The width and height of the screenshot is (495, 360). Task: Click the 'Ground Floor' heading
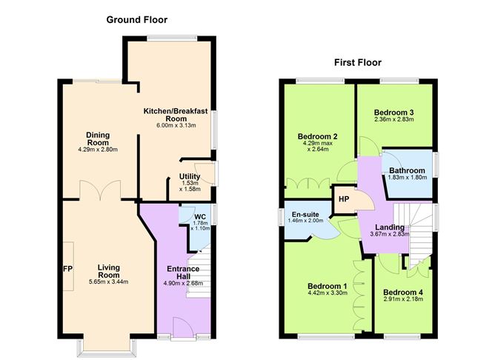138,19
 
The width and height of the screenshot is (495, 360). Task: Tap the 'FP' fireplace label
67,268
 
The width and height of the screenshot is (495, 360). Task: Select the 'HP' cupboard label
344,199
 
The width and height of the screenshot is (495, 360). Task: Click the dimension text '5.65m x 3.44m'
108,282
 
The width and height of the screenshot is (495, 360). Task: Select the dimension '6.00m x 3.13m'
175,125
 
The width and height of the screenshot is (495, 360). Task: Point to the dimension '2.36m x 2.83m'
393,119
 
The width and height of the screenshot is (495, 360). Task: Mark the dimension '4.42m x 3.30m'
328,293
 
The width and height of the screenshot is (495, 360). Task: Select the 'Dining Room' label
99,138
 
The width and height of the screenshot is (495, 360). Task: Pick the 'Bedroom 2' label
318,136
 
